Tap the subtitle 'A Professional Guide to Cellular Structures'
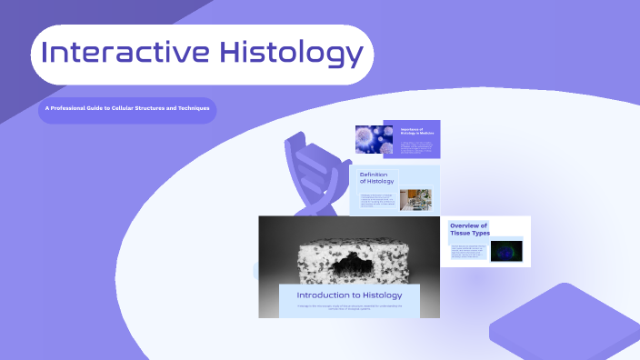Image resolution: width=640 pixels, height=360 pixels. (127, 109)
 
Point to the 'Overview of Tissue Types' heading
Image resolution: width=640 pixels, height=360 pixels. (469, 229)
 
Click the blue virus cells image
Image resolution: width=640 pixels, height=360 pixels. (373, 138)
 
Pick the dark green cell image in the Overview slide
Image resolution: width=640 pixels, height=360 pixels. (506, 250)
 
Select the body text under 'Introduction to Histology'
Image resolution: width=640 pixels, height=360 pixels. (349, 308)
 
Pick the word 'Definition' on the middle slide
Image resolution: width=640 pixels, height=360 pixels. (375, 174)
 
